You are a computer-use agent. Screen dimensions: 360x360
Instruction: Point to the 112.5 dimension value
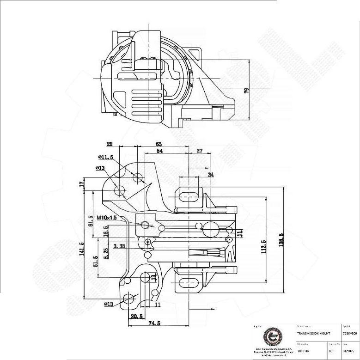(x=263, y=247)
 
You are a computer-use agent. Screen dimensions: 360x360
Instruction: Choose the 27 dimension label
(x=200, y=151)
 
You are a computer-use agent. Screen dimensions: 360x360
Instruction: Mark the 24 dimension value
(x=211, y=175)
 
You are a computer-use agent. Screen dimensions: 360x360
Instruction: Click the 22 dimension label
(x=110, y=144)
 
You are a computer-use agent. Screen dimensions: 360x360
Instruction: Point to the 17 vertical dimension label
(x=82, y=184)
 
